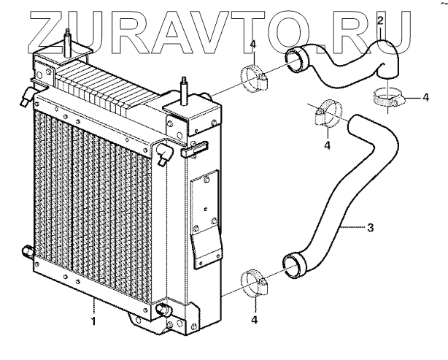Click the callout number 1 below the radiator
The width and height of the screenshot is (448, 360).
pos(93,319)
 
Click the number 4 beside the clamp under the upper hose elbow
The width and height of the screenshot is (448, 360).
pos(425,96)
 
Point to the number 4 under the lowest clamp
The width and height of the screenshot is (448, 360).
pos(255,319)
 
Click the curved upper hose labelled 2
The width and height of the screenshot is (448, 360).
pos(343,62)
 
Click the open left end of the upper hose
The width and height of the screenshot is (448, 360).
pos(296,58)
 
